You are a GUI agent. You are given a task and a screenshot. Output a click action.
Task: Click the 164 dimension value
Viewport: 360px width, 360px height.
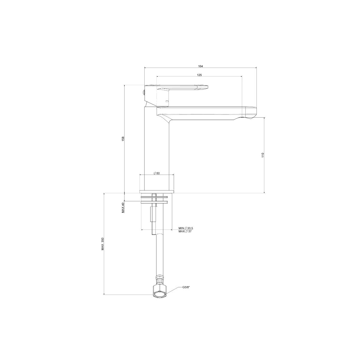pos(200,66)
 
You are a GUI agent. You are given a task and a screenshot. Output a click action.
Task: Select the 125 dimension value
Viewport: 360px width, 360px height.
pos(199,75)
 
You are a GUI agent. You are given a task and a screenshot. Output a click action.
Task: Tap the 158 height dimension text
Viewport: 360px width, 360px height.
pos(123,139)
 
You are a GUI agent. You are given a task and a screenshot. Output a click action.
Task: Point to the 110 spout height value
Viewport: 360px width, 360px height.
pos(263,155)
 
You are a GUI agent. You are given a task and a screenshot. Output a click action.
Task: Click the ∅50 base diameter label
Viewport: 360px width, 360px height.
pos(157,173)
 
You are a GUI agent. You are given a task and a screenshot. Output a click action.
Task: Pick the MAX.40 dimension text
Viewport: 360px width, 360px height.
pos(123,207)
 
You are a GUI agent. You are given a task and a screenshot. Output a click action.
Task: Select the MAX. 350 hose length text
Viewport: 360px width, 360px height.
pos(103,244)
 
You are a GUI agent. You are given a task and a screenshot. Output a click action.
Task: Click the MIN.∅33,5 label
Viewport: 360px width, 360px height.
pos(186,228)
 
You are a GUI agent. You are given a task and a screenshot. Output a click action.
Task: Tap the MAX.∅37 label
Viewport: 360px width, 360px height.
pos(185,231)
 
